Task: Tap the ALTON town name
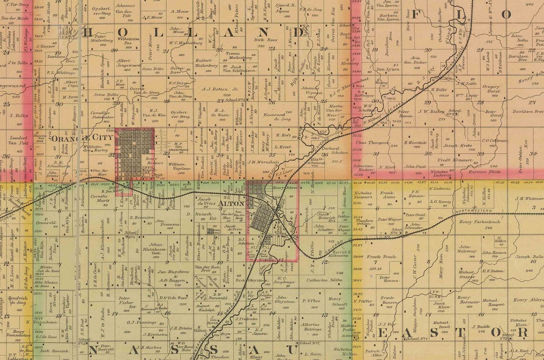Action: click(231, 204)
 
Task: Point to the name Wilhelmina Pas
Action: click(121, 40)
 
